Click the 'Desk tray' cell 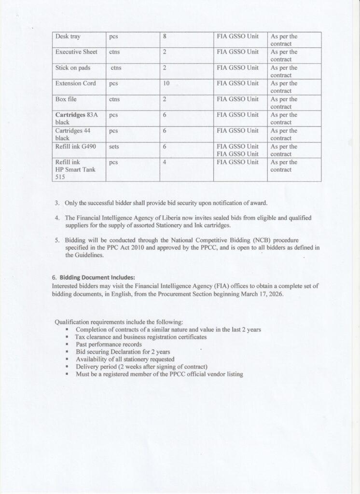(x=68, y=37)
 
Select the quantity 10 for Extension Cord (x=166, y=83)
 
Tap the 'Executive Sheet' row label (x=76, y=52)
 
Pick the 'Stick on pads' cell (x=73, y=68)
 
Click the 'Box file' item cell (x=66, y=99)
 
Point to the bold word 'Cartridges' (x=70, y=115)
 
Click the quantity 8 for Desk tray (x=165, y=37)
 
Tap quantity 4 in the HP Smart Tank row (x=165, y=163)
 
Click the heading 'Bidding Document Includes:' (x=97, y=277)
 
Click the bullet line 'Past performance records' (x=109, y=344)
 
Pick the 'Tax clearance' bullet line (x=141, y=337)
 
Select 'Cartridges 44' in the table (x=73, y=131)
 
